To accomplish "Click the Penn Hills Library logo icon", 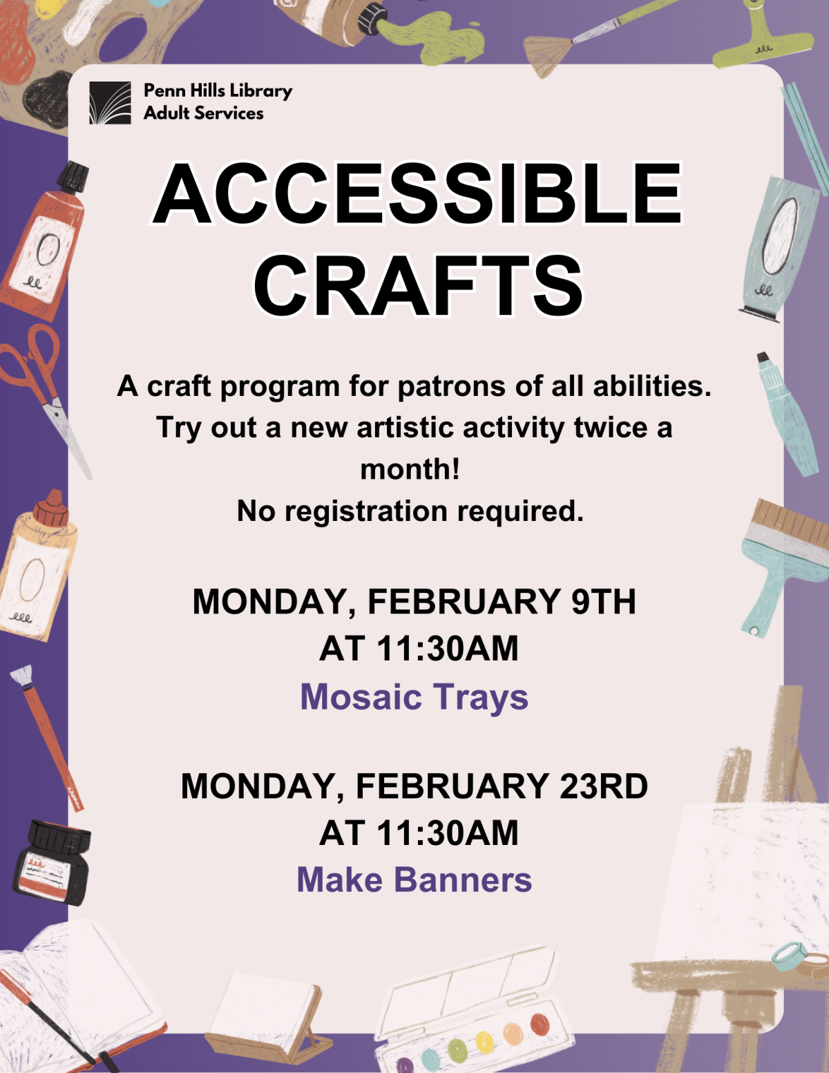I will coord(110,103).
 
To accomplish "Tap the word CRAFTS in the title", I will coord(419,285).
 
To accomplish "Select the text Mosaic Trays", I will coord(414,696).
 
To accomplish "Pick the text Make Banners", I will coord(414,880).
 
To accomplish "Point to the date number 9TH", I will coord(603,601).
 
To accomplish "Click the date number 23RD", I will coord(603,786).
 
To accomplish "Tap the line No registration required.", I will coord(410,511).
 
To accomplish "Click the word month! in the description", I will coord(410,470).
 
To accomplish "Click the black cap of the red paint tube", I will coord(73,178).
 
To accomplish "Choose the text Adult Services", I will coord(203,113).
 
